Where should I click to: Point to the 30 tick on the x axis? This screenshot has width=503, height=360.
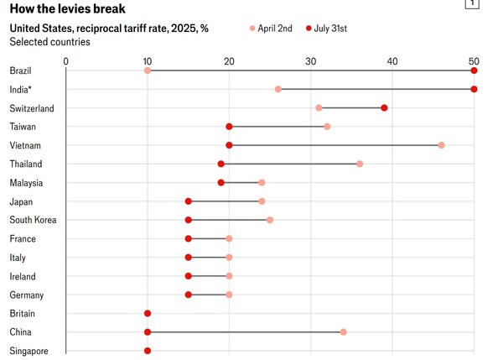[310, 60]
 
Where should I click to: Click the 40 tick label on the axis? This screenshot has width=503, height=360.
[392, 60]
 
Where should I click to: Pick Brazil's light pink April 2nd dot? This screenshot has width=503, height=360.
[148, 70]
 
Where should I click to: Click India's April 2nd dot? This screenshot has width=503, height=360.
[278, 89]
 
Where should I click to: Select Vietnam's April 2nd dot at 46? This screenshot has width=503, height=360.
[442, 145]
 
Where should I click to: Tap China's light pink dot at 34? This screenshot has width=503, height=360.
[344, 332]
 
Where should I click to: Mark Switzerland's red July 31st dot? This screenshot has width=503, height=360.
[384, 107]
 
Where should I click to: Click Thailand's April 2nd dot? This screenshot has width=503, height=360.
[360, 164]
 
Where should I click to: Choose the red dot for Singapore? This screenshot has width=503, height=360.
[148, 351]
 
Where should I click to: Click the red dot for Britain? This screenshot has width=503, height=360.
[148, 313]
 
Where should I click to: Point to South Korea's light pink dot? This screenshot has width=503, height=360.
[270, 220]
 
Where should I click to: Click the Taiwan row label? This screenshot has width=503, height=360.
[23, 127]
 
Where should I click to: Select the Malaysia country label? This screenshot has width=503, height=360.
[27, 183]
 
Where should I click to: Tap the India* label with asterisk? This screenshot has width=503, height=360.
[22, 89]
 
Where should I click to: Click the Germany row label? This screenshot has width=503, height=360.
[27, 295]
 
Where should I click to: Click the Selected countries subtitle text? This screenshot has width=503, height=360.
[49, 42]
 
